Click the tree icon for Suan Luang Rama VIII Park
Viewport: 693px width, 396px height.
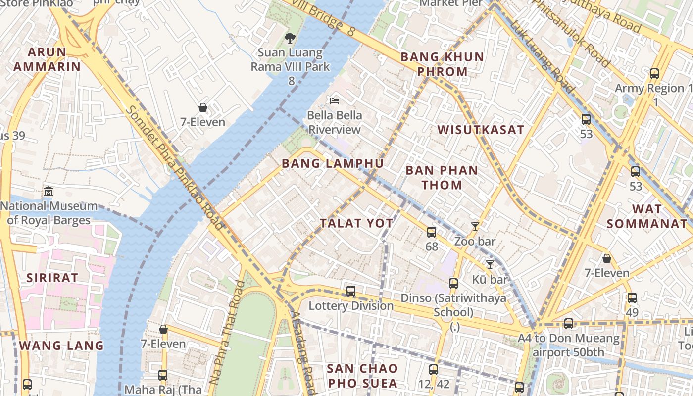pos(290,38)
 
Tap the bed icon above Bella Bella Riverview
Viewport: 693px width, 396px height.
pos(335,101)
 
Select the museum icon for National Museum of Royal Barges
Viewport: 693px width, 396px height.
pos(49,192)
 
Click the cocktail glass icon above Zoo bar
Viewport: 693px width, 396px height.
pos(475,227)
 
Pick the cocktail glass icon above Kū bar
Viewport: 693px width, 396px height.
pos(490,264)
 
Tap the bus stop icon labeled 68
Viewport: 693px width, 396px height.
pos(432,232)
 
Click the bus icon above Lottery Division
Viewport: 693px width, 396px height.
pos(351,291)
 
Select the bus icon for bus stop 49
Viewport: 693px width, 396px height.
pos(632,298)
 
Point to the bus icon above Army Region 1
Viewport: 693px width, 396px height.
pos(654,74)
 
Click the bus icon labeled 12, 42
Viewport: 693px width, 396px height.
pos(434,369)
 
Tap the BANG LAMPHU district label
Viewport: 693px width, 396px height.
pos(332,163)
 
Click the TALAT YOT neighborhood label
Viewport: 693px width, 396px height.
pos(356,223)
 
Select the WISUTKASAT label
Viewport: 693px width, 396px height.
pos(480,130)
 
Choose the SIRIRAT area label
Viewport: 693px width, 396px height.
pos(52,278)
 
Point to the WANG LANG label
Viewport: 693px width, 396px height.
pos(61,346)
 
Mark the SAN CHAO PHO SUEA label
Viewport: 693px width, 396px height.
pos(362,376)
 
